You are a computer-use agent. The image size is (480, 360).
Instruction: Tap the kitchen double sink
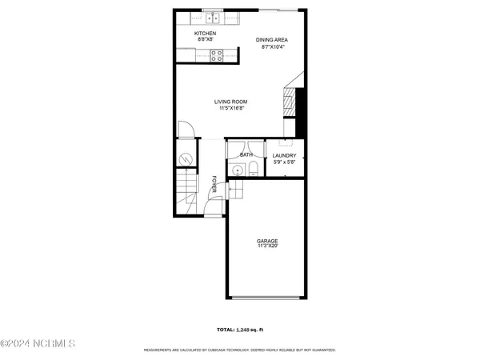pyautogui.click(x=211, y=18)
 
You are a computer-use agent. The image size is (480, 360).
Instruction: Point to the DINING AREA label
pyautogui.click(x=271, y=40)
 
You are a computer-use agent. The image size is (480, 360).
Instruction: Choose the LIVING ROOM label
pyautogui.click(x=230, y=102)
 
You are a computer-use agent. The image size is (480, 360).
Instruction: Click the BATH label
pyautogui.click(x=246, y=154)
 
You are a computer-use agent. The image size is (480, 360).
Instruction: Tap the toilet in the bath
pyautogui.click(x=252, y=167)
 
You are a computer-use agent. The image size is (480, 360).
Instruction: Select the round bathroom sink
pyautogui.click(x=237, y=169)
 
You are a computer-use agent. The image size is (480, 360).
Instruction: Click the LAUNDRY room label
pyautogui.click(x=284, y=156)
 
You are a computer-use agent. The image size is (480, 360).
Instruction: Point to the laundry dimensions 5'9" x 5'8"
pyautogui.click(x=284, y=162)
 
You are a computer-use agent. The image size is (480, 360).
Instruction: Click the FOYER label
pyautogui.click(x=214, y=184)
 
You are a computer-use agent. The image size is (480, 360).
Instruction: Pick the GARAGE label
pyautogui.click(x=267, y=240)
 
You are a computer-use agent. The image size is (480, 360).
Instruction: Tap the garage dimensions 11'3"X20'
pyautogui.click(x=267, y=246)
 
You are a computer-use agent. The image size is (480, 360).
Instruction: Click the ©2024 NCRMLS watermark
pyautogui.click(x=38, y=344)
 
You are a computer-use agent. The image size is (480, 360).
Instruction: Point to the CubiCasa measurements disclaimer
pyautogui.click(x=239, y=350)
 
